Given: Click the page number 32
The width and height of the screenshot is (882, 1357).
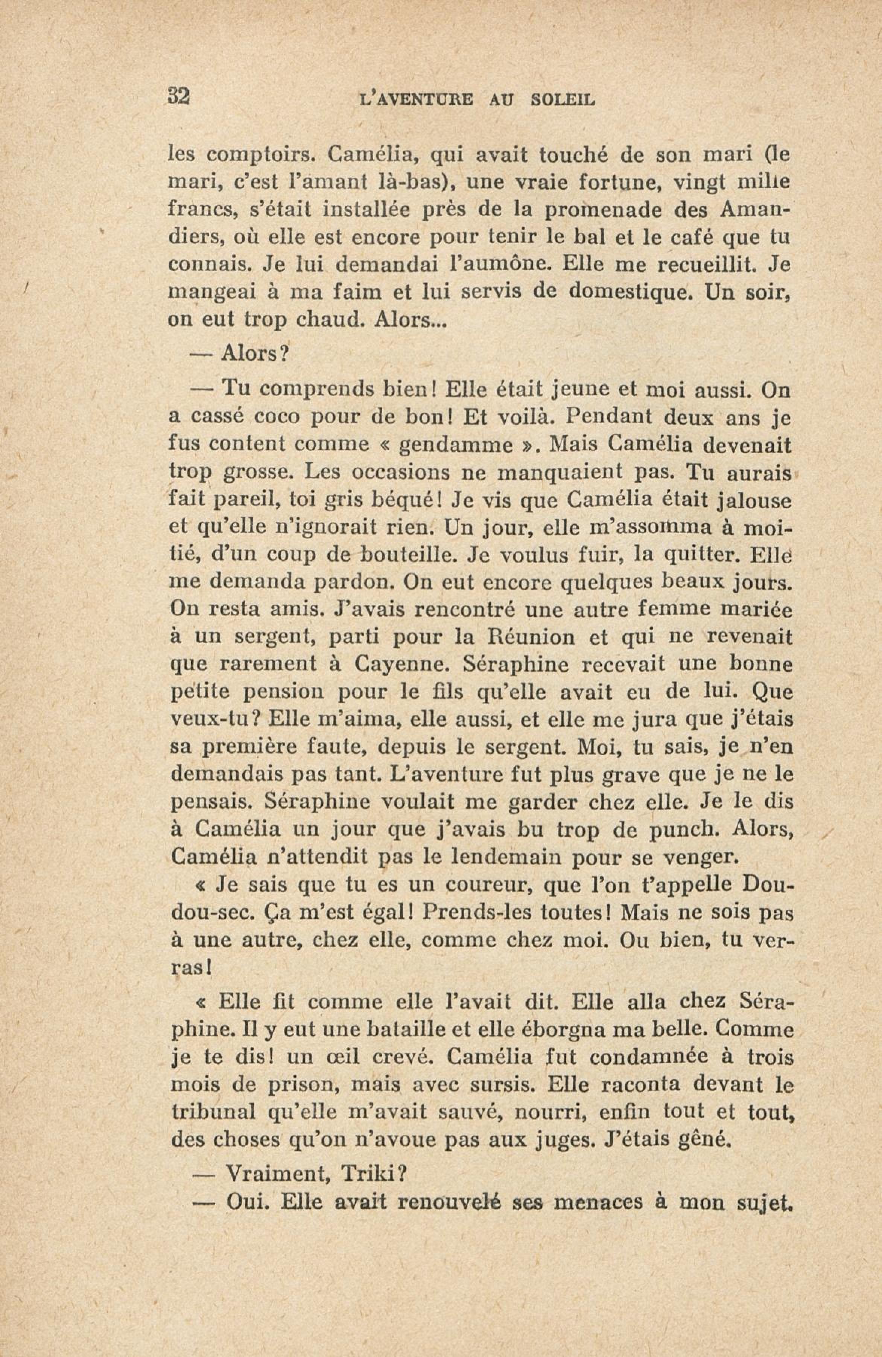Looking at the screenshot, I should point(178,96).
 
